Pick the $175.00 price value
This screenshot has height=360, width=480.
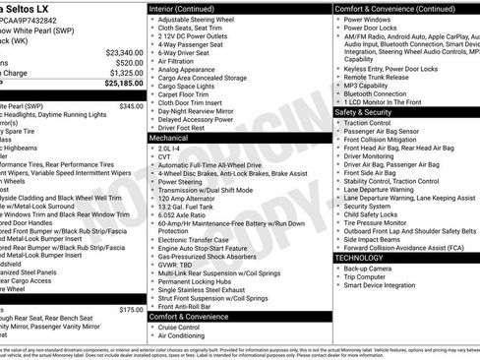131,309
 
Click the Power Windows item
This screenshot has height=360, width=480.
370,19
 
